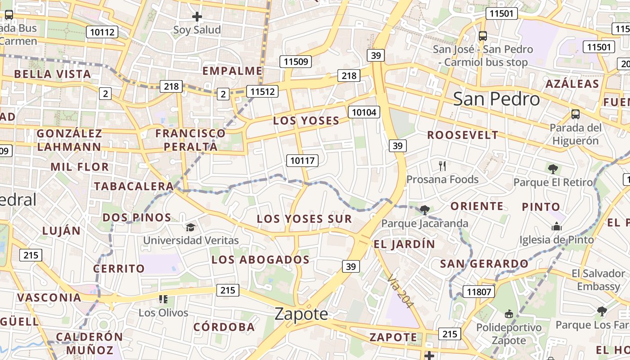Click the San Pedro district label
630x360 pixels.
(x=496, y=99)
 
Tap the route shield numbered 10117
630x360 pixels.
(x=302, y=160)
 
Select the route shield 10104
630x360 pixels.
(x=364, y=112)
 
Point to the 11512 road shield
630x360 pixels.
(x=262, y=92)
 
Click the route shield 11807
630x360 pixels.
(x=479, y=292)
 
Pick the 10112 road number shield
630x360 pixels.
(x=103, y=32)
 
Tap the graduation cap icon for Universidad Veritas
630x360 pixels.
(x=191, y=228)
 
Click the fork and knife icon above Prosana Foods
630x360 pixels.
(x=442, y=166)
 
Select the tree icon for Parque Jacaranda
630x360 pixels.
(x=424, y=210)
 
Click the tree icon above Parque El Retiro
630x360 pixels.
(x=553, y=169)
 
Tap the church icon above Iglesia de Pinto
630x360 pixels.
(x=557, y=226)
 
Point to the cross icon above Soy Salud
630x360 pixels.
(x=197, y=17)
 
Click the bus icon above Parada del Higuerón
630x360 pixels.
(x=575, y=114)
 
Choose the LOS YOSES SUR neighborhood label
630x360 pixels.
(x=304, y=219)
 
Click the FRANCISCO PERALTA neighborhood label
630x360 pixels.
(x=190, y=140)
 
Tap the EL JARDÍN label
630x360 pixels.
(x=405, y=244)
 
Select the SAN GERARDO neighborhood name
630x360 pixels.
(x=484, y=264)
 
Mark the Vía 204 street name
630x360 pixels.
(x=400, y=291)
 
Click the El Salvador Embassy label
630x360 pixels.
(x=598, y=280)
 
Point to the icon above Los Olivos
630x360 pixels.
(x=163, y=299)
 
